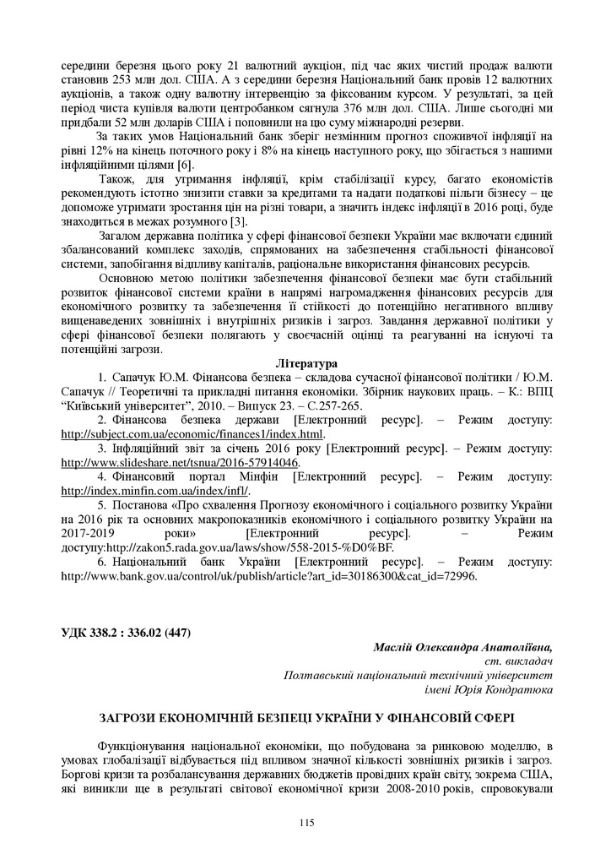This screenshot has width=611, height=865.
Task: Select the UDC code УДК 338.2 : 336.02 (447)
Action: tap(127, 634)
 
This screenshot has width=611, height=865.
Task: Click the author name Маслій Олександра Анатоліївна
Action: tap(462, 647)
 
